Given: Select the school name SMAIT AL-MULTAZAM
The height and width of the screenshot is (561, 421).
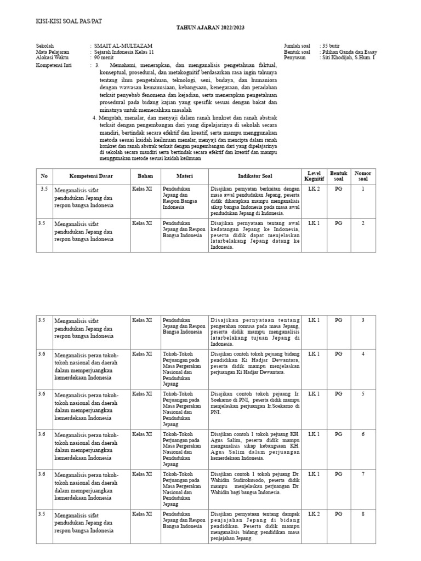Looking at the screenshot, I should (x=123, y=45).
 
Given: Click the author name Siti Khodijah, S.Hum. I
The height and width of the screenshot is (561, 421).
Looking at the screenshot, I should (x=348, y=58).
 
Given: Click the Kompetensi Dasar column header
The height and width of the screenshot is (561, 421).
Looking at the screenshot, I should (x=91, y=176).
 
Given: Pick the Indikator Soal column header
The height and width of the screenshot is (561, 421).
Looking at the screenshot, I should (x=255, y=176).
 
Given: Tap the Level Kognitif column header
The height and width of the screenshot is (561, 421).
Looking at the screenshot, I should (x=315, y=176).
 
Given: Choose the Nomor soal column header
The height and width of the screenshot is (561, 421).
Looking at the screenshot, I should (x=363, y=176).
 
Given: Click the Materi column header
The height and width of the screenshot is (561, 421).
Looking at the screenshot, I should (x=185, y=176).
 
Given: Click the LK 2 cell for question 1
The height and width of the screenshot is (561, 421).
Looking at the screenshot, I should (x=314, y=189).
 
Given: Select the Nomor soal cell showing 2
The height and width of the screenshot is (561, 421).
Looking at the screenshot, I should (x=363, y=223).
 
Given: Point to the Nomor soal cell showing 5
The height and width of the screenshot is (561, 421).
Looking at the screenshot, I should (x=363, y=394).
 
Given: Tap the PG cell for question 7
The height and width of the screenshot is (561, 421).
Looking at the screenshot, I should (x=338, y=474).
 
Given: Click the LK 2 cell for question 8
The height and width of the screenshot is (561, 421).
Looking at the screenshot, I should (x=314, y=514).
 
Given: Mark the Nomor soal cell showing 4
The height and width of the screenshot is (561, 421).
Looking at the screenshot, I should (x=363, y=354).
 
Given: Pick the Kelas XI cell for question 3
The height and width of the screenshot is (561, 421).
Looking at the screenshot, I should (x=142, y=319).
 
